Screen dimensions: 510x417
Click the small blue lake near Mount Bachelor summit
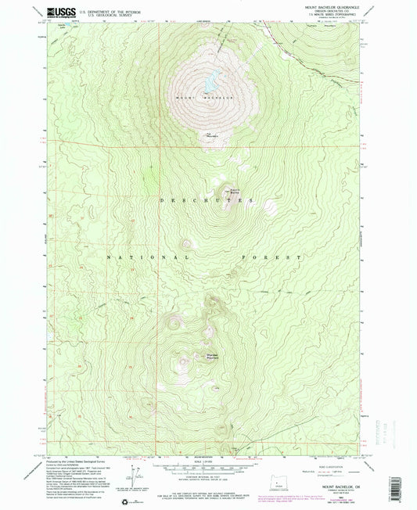tap(210, 79)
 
